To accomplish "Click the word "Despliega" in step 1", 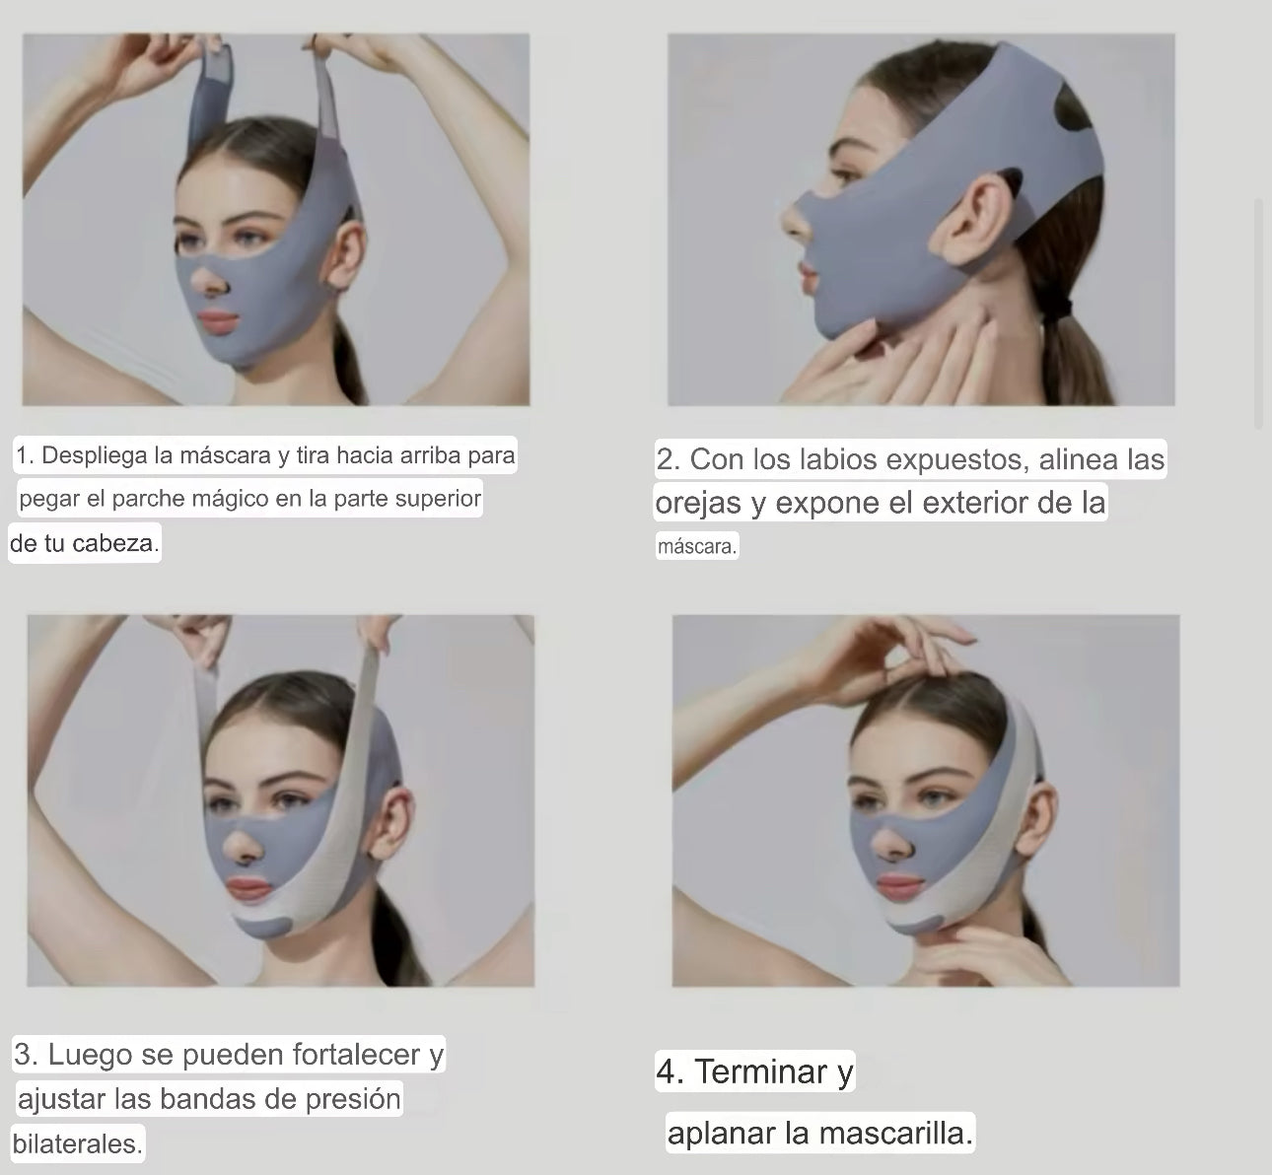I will [96, 455].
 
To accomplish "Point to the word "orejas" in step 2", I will [697, 503].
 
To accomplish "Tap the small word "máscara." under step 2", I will [697, 546].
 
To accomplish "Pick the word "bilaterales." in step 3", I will [78, 1143].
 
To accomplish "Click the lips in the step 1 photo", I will [220, 321].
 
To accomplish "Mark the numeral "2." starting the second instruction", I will [669, 459].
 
